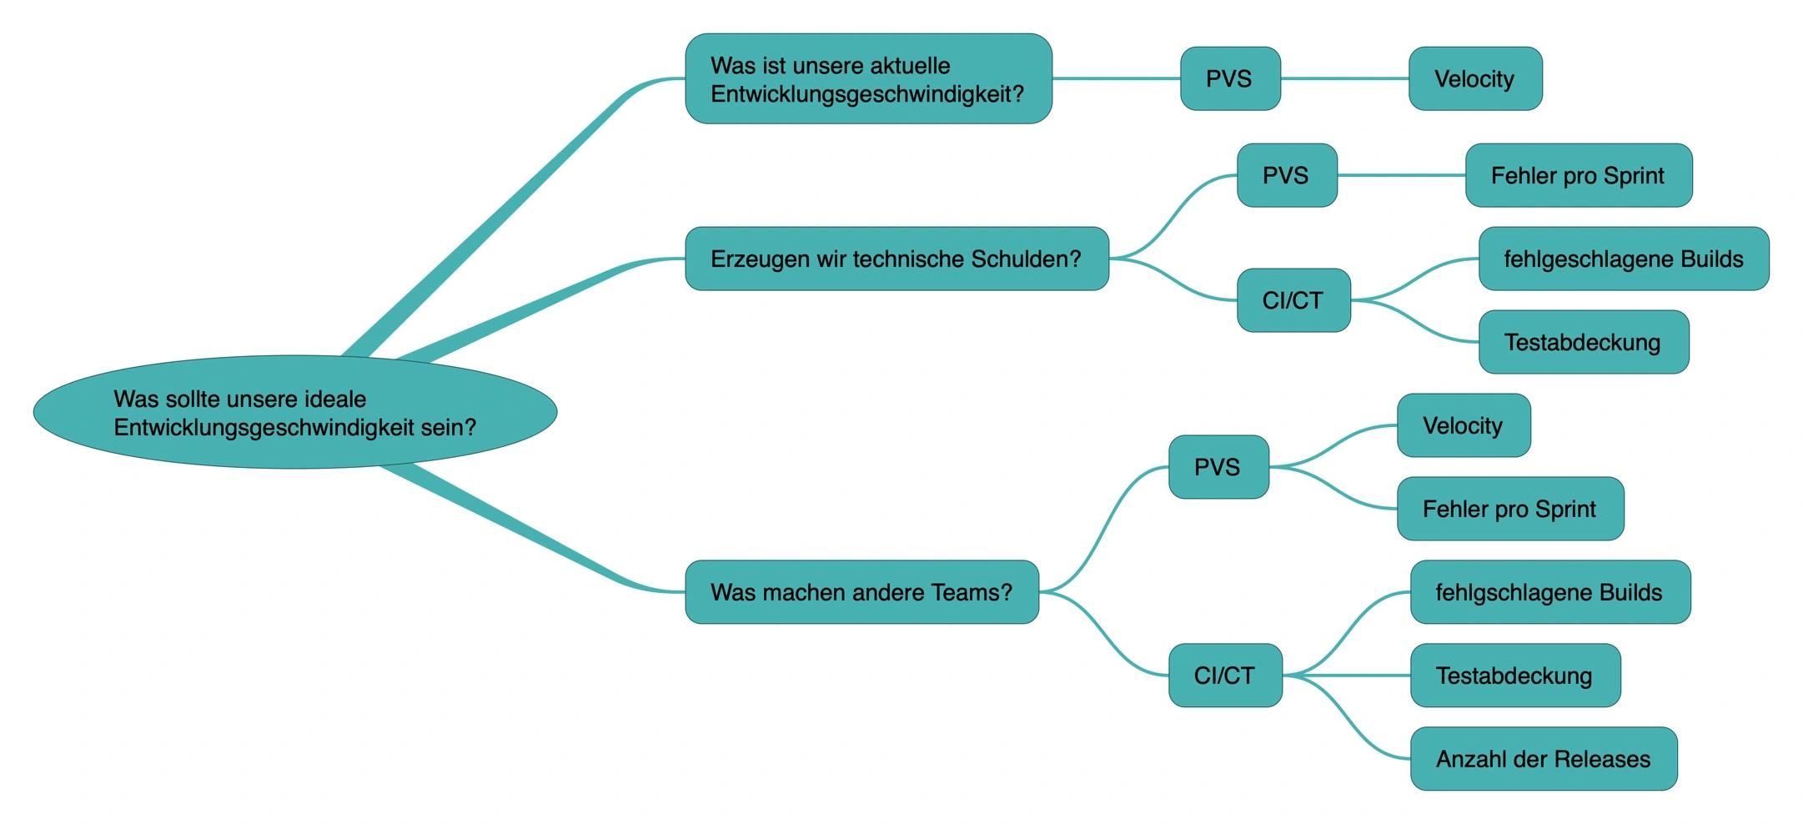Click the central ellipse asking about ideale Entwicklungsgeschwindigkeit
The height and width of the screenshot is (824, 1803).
click(x=295, y=412)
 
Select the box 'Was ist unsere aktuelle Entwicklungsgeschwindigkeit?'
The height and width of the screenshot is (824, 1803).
click(x=868, y=79)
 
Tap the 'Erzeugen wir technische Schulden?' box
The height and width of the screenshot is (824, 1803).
click(x=896, y=259)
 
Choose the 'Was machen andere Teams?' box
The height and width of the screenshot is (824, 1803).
click(x=861, y=592)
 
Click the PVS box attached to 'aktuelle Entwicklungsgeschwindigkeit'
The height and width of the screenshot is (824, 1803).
click(x=1230, y=78)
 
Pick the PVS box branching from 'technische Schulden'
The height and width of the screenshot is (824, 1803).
click(x=1287, y=175)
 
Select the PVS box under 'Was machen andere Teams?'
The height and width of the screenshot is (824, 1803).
click(x=1218, y=467)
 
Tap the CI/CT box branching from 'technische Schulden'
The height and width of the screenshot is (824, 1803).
click(x=1293, y=300)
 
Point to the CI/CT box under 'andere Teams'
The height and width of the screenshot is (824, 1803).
click(x=1225, y=676)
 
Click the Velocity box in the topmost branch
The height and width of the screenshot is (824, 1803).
click(x=1475, y=78)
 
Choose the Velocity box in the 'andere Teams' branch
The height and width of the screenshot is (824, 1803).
click(x=1464, y=425)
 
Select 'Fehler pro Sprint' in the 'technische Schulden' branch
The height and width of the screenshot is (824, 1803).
click(x=1579, y=175)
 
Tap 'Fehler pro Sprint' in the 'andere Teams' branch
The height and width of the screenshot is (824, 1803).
click(x=1510, y=509)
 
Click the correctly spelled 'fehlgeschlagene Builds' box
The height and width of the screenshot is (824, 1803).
click(x=1624, y=259)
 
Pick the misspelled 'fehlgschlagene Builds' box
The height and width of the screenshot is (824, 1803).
click(x=1550, y=592)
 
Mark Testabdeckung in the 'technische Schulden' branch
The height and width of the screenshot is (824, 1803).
click(x=1584, y=342)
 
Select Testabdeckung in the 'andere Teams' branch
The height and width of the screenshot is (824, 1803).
click(x=1515, y=676)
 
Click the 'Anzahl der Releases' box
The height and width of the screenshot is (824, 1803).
click(x=1544, y=759)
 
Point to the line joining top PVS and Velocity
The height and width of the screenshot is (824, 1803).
click(x=1345, y=78)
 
